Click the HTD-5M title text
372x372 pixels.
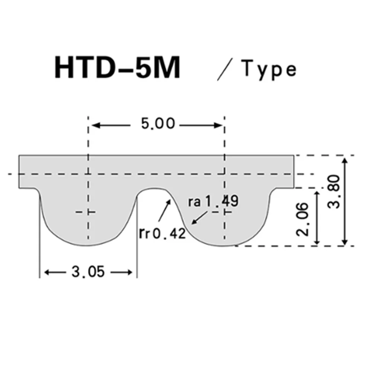coord(117,68)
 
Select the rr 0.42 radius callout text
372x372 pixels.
coord(162,234)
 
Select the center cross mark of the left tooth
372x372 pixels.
coord(88,212)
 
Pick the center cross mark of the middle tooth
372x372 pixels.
coord(224,212)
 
